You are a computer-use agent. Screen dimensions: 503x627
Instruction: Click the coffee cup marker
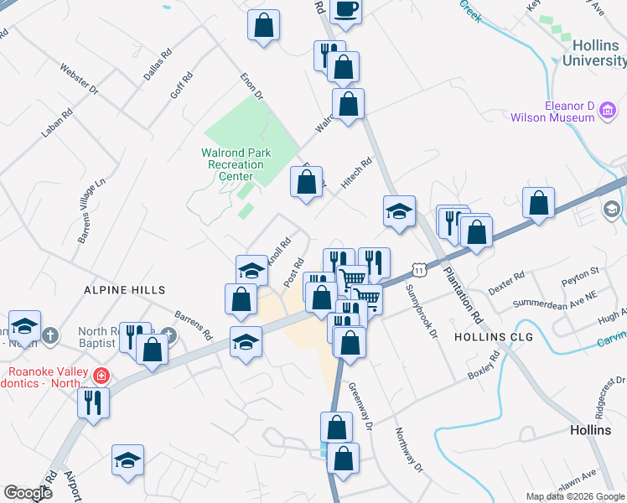[345, 9]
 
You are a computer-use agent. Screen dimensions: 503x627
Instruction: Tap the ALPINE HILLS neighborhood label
[120, 289]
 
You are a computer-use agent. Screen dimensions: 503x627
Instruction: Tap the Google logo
[28, 493]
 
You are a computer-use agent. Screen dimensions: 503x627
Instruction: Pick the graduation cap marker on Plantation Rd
[400, 211]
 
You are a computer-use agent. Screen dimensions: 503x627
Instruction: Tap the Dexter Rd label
[505, 280]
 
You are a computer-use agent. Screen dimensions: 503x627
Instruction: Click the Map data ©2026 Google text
[574, 496]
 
